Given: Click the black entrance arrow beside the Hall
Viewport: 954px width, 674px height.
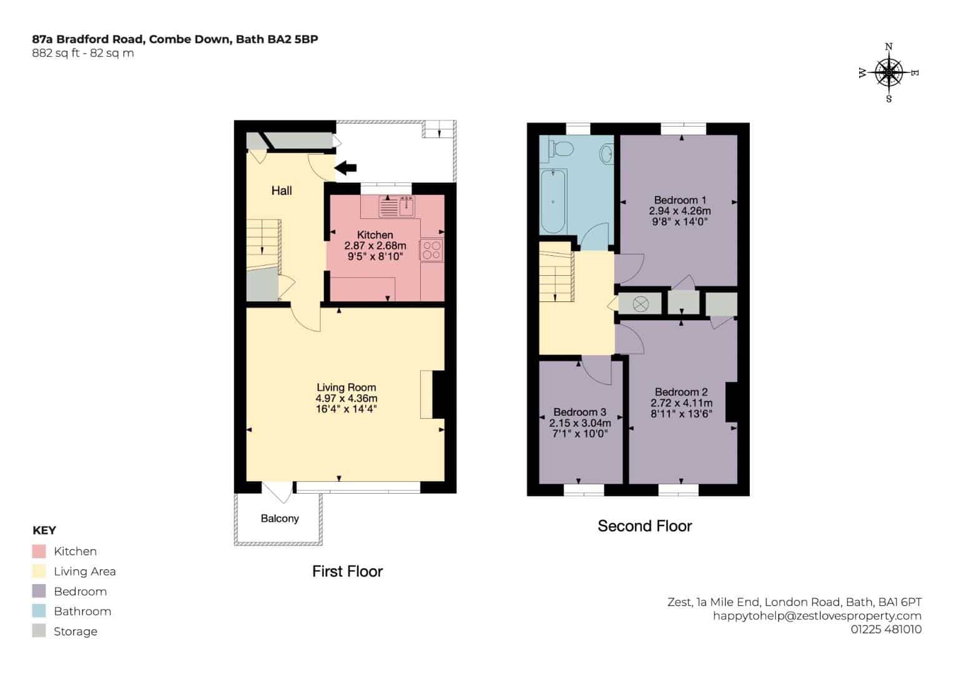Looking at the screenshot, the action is point(345,168).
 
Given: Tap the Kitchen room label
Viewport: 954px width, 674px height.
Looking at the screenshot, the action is point(375,235).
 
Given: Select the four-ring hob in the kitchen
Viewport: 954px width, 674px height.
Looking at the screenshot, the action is point(431,250).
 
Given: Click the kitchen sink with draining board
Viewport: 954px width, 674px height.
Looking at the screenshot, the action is point(396,207).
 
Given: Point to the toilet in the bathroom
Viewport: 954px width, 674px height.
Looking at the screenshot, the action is point(561,149).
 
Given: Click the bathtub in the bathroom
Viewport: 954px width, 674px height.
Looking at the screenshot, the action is point(553,201).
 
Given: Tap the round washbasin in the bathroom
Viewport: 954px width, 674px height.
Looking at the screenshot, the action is point(606,154).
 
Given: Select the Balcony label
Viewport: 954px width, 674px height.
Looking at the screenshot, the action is point(280,518).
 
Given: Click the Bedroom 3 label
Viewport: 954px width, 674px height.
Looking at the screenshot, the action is point(579,412).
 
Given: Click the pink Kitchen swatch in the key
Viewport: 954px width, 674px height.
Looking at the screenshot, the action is point(39,551).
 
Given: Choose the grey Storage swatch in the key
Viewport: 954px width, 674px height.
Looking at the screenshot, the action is point(39,630).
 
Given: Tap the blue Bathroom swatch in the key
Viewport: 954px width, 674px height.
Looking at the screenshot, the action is point(39,610).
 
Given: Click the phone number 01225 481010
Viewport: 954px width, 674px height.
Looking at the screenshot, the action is point(886,629).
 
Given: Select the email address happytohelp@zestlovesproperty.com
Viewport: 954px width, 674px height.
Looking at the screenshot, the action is point(817,616).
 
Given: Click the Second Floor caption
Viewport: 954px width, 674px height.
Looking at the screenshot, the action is point(645,526).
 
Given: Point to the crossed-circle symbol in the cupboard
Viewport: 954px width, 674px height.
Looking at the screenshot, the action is point(641,304).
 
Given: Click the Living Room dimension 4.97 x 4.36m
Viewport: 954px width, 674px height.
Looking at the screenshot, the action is point(347,398).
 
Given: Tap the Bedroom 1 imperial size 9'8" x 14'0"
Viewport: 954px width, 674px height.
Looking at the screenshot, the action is point(680,222).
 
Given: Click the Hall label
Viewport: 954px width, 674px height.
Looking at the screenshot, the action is point(282,190).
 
